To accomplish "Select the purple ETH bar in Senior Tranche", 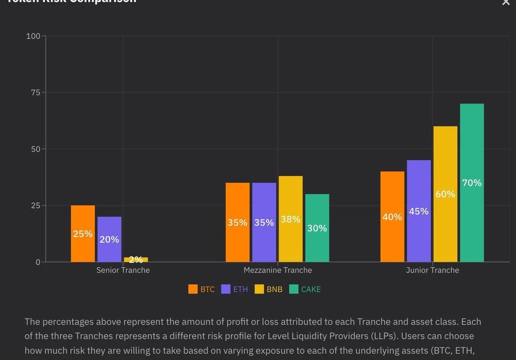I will (x=109, y=239).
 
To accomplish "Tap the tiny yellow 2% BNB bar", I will (x=136, y=259).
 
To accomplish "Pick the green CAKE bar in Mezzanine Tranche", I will (x=317, y=228).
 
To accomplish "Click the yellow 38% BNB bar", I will (x=291, y=219).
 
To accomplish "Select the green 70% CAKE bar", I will (x=472, y=183).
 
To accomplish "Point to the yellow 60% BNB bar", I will (x=445, y=194).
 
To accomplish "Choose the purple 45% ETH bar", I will (x=419, y=211).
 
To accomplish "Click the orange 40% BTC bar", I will (x=392, y=217).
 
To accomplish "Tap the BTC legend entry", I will (x=202, y=289).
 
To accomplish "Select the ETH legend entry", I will (x=235, y=289).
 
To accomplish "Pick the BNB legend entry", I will (x=269, y=289).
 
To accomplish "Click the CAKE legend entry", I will (x=305, y=289).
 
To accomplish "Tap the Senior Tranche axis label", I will (x=123, y=270).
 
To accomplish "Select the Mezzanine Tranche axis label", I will (x=278, y=270).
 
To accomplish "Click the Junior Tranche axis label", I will (x=433, y=270).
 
